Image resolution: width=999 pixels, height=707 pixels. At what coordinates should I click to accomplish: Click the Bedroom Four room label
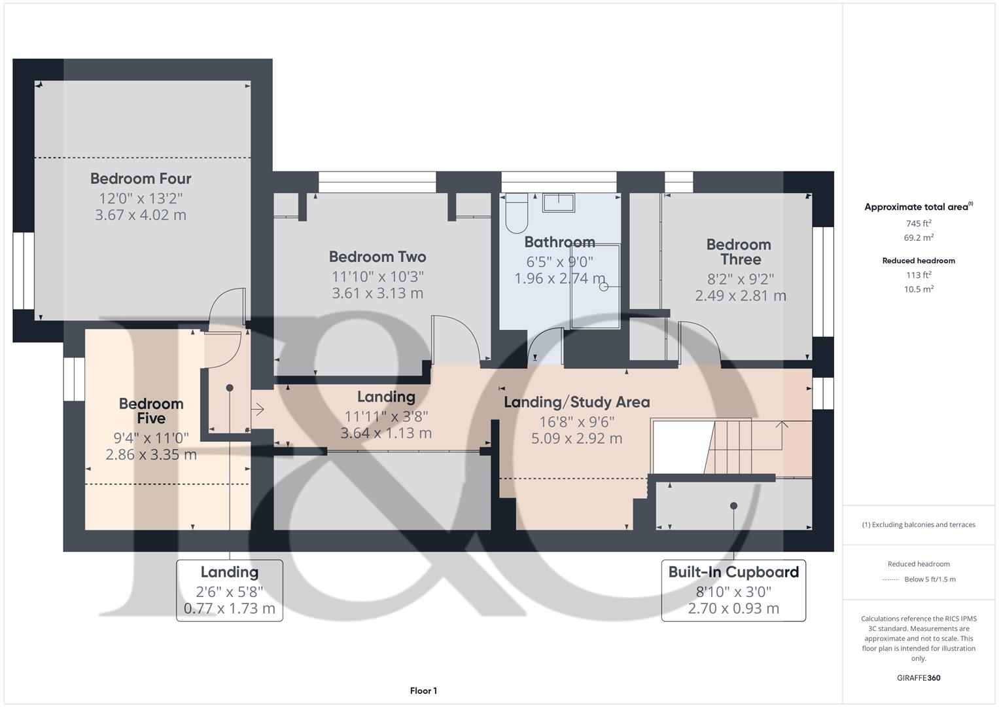(x=141, y=178)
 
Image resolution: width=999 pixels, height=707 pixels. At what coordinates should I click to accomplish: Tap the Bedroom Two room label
(x=377, y=257)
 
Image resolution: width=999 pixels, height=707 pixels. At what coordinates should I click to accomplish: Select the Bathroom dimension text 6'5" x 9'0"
(x=559, y=262)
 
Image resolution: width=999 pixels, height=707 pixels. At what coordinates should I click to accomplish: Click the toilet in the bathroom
(x=516, y=212)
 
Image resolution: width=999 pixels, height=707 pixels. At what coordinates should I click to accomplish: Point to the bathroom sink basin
(x=558, y=202)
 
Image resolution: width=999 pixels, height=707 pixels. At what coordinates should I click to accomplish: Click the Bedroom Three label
(x=739, y=251)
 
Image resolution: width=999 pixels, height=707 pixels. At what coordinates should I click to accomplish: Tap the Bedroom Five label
(x=151, y=411)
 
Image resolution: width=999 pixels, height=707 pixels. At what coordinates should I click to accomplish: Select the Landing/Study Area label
(x=576, y=402)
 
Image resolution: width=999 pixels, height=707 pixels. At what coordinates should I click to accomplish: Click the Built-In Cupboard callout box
(x=733, y=590)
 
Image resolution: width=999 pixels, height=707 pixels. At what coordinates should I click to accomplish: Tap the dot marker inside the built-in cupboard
(x=734, y=505)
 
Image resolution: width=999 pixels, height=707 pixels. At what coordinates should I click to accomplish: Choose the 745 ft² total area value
(x=919, y=223)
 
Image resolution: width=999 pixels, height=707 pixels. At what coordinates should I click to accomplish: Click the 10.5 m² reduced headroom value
(x=919, y=289)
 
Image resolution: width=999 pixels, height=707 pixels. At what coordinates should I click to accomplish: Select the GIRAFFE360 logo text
(x=919, y=678)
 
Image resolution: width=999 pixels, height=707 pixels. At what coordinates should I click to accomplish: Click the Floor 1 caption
(x=423, y=691)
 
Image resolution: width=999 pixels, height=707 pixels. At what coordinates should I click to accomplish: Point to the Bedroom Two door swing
(x=460, y=337)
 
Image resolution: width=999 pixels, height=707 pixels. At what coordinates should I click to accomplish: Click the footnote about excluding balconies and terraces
(x=919, y=524)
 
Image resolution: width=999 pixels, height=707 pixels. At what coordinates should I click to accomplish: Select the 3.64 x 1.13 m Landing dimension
(x=386, y=433)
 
